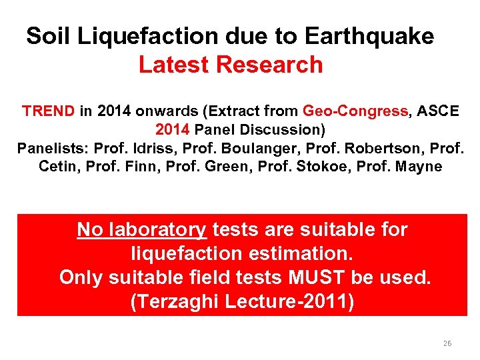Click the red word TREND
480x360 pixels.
click(x=48, y=111)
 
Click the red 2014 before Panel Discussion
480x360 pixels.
click(x=172, y=129)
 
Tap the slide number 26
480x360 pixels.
click(x=447, y=343)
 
